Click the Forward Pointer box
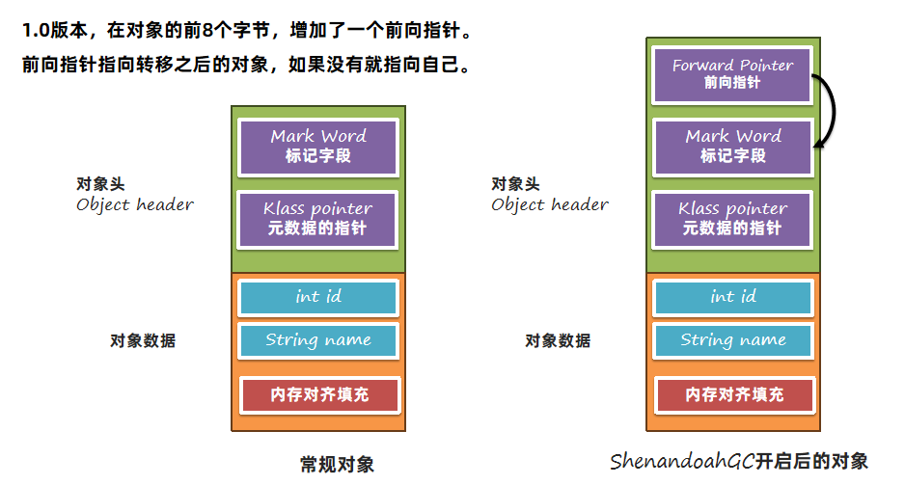732,74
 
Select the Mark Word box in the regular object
317,146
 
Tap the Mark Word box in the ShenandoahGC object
732,146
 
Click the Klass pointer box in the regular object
317,218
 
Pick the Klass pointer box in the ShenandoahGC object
732,218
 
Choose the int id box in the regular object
317,297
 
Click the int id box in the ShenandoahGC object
732,297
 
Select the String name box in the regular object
317,340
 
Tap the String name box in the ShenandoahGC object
732,340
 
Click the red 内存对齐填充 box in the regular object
317,394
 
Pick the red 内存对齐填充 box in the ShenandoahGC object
732,394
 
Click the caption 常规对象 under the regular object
337,465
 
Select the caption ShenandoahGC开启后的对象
739,461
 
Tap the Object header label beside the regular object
135,204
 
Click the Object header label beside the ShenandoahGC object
550,204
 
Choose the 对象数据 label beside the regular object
143,340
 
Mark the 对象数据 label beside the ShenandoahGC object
558,340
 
